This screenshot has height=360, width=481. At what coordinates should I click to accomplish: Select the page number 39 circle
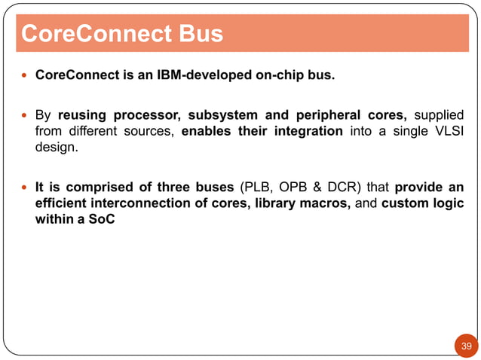(466, 346)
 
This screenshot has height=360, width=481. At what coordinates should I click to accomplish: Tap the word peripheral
(326, 115)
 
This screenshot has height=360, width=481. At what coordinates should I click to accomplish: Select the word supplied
(438, 115)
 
